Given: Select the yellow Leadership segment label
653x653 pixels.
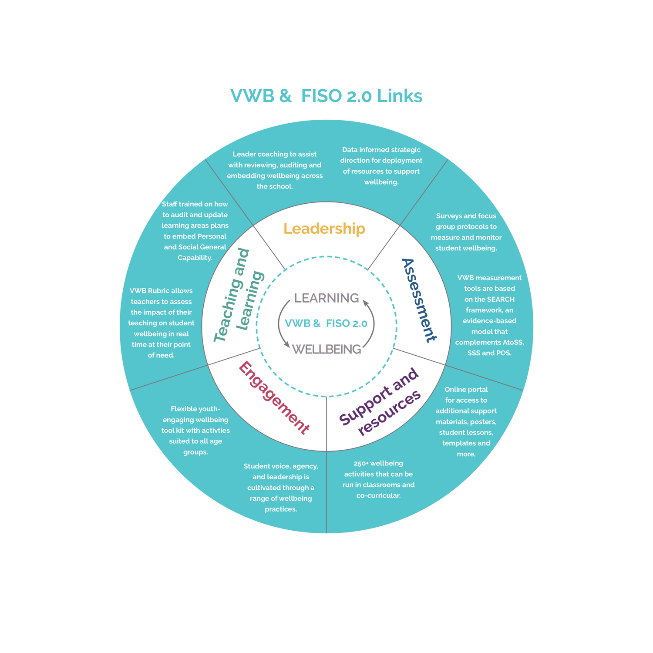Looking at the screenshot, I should point(324,229).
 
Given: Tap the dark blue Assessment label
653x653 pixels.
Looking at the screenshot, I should point(418,300).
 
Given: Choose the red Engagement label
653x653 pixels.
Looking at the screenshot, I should point(274,397).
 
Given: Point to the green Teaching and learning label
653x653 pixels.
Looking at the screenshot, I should point(239,295).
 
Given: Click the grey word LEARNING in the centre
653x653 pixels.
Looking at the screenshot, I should point(326,298).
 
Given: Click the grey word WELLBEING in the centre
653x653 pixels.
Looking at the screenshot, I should point(326,349).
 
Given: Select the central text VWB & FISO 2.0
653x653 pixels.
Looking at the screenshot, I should point(326,323).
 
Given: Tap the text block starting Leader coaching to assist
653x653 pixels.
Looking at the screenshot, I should point(275,170).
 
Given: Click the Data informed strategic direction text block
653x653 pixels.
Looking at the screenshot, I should point(381,166).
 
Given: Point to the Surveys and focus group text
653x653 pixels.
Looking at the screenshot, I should point(466,232).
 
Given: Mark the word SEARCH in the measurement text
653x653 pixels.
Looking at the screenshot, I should point(501,300).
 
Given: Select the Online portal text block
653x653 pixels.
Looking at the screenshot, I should point(466,421).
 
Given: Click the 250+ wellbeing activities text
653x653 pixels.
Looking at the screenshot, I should point(378,479).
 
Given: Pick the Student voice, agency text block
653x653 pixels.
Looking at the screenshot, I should point(281,488).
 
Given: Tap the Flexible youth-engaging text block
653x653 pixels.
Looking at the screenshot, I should point(195,430).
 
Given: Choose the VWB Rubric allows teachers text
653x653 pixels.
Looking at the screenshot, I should point(161,323).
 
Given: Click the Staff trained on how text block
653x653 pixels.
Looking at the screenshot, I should point(195,231).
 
